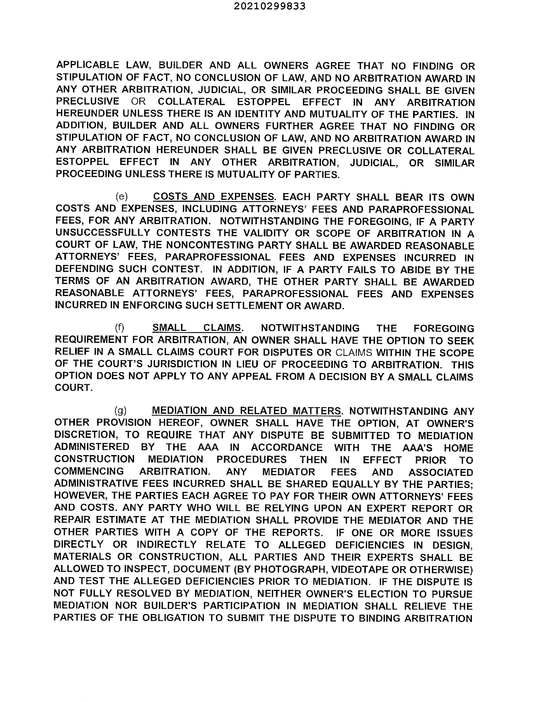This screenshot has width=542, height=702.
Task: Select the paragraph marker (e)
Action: pyautogui.click(x=121, y=196)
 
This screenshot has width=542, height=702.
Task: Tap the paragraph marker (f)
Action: pyautogui.click(x=119, y=327)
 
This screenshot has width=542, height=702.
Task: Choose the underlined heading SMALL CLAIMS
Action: pyautogui.click(x=196, y=327)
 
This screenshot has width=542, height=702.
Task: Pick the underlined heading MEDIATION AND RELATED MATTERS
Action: pyautogui.click(x=246, y=411)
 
